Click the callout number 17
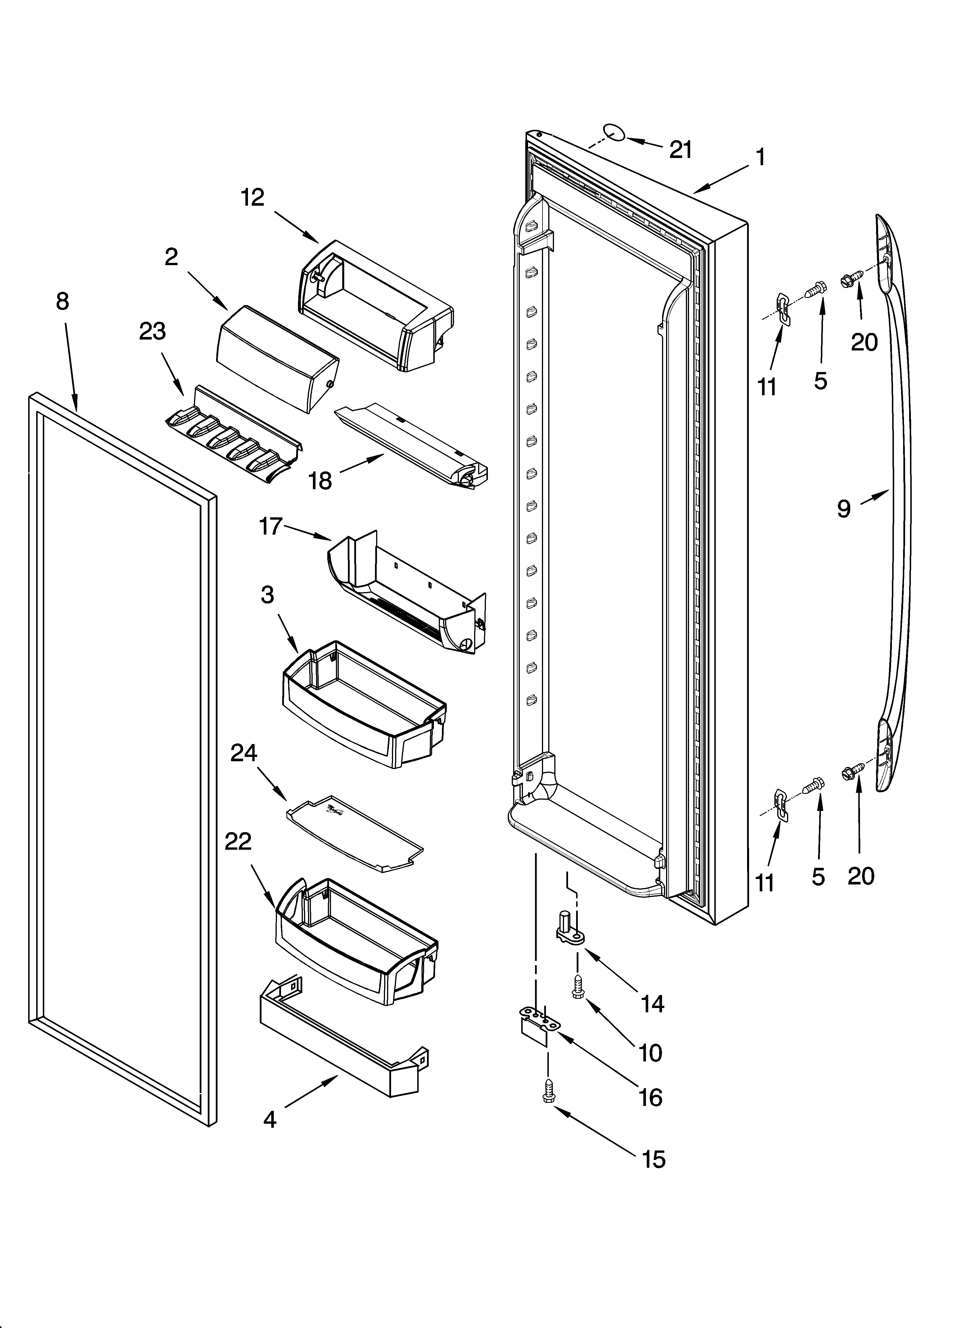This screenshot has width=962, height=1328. point(271,526)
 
